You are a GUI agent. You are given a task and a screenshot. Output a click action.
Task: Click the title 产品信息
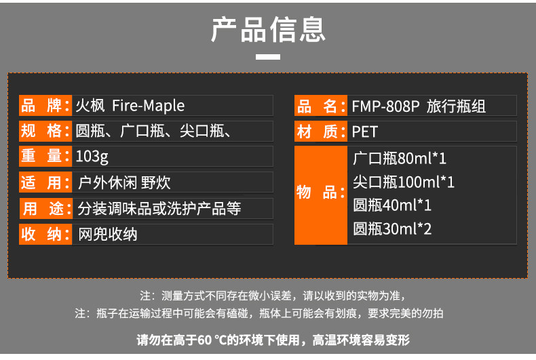coord(268,30)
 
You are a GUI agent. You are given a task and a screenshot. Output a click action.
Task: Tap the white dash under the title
coord(268,57)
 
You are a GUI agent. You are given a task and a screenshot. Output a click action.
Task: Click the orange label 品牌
coord(45,105)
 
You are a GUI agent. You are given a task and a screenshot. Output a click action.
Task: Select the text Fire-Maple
coord(149,106)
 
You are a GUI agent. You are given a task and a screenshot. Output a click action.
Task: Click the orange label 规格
coord(45,131)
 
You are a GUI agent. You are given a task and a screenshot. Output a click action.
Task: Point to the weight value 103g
coord(92,157)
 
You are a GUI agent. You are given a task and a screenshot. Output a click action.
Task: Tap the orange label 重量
coord(45,156)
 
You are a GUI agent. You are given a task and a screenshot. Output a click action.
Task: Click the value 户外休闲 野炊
coord(124,182)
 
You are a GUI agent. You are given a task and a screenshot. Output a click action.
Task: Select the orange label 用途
coord(46,208)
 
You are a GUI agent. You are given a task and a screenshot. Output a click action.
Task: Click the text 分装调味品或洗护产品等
coord(159,208)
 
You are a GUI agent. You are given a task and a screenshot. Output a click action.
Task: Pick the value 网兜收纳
coord(108,235)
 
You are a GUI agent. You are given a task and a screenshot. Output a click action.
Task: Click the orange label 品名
coord(321,106)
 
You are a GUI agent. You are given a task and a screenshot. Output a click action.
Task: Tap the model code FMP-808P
coord(385,106)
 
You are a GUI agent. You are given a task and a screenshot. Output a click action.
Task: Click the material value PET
coord(365,132)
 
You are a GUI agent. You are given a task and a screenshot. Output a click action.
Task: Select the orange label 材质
coord(321,131)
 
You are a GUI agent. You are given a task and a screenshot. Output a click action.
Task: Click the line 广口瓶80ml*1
coord(400,159)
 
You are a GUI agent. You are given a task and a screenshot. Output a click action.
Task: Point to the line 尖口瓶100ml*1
coord(404,182)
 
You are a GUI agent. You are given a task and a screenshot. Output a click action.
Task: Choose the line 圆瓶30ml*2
coord(392,229)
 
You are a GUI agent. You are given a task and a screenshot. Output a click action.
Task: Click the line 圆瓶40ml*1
coord(392,205)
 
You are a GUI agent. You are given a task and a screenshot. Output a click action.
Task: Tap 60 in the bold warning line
coord(204,340)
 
